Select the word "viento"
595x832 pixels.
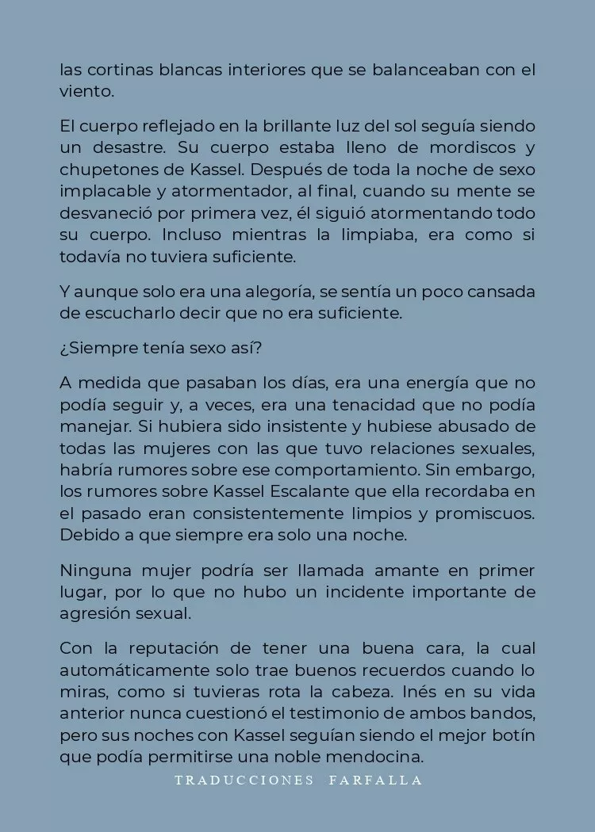(85, 91)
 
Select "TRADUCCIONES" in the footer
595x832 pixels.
(244, 780)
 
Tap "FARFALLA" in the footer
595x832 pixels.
(375, 780)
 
